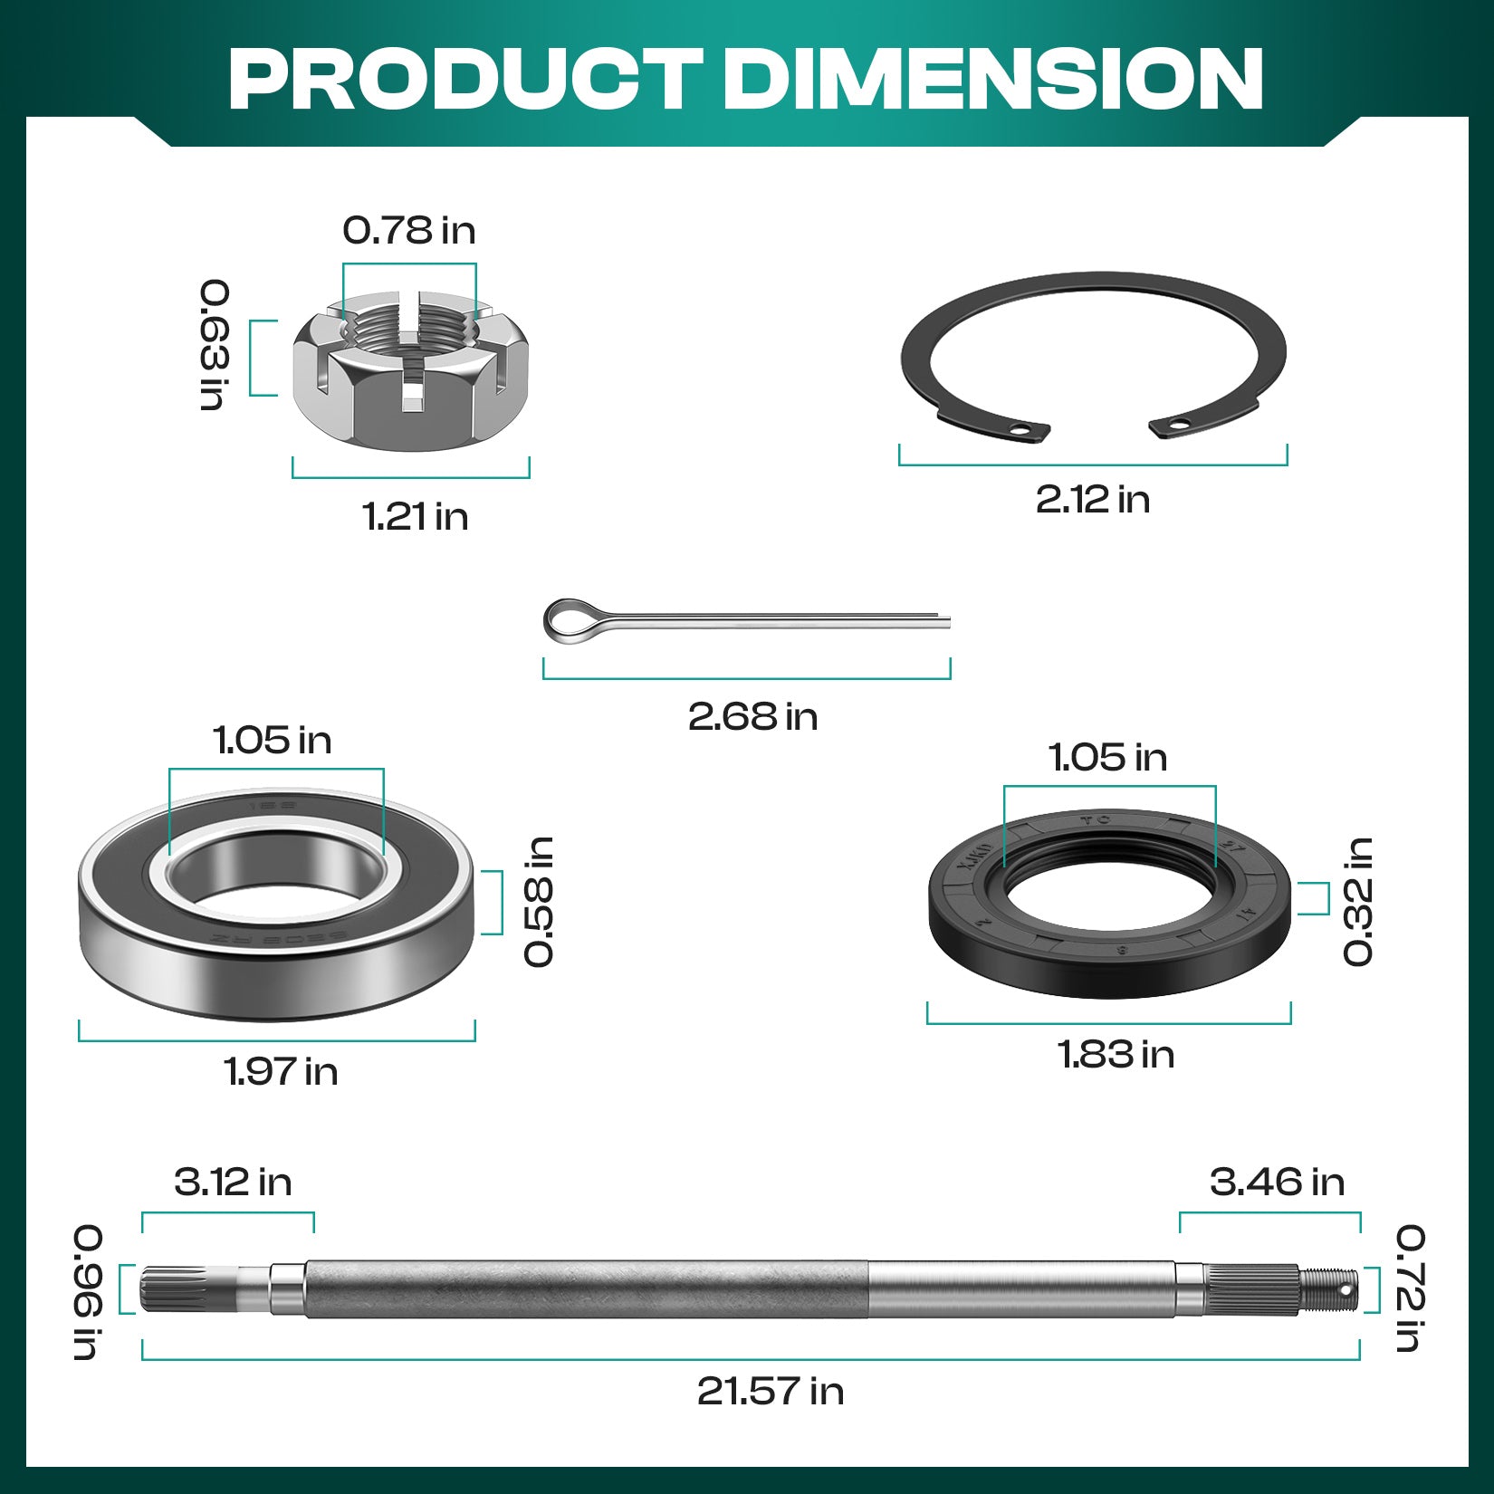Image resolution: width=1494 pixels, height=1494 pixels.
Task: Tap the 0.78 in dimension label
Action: coord(409,231)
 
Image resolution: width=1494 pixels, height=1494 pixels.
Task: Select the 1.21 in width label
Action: coord(416,517)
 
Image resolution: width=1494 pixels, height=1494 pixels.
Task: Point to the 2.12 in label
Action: coord(1093,500)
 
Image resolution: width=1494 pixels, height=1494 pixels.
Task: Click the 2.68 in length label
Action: coord(752,717)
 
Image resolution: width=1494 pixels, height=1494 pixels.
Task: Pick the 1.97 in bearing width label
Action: coord(281,1072)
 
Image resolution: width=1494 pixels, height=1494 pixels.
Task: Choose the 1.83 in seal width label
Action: coord(1116,1055)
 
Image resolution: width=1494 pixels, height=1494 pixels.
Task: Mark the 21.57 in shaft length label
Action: coord(771,1392)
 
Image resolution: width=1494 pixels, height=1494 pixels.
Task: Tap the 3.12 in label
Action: coord(233,1183)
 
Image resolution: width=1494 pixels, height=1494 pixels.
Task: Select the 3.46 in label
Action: coord(1277,1183)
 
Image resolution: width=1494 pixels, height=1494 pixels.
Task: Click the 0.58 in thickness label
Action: coord(540,902)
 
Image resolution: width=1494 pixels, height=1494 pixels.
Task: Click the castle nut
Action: coord(411,371)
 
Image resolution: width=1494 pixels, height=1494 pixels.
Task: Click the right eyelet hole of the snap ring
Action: coord(1179,423)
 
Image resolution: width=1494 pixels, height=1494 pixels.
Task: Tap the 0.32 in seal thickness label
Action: coord(1358,902)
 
